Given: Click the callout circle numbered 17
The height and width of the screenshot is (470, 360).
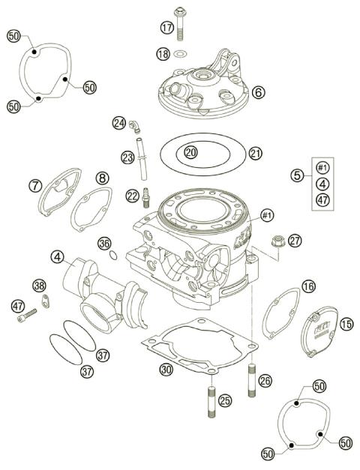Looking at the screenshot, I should (166, 28).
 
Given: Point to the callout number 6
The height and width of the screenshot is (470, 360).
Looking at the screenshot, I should (257, 93).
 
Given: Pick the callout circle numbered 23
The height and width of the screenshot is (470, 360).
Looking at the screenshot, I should (127, 157).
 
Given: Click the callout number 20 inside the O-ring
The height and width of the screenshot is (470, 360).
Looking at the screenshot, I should (190, 152).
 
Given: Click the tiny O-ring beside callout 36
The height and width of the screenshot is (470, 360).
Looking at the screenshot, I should (112, 255).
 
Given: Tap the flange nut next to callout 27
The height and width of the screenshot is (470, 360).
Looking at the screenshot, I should (274, 241).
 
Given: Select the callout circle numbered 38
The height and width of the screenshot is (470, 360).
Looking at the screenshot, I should (39, 285).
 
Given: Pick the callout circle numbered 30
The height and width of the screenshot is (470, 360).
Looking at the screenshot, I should (165, 369).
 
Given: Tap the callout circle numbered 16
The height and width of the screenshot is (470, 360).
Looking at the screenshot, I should (309, 286).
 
